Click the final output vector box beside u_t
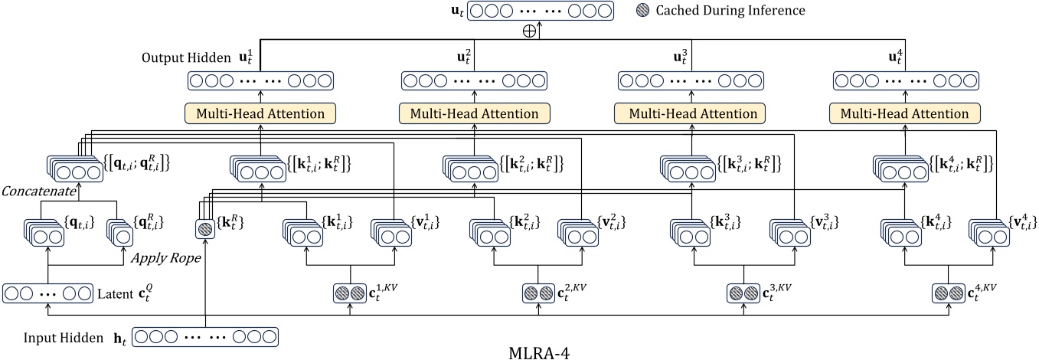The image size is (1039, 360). pyautogui.click(x=541, y=11)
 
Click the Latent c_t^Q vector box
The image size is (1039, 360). pyautogui.click(x=47, y=293)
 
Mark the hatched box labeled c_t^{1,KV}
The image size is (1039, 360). pyautogui.click(x=351, y=293)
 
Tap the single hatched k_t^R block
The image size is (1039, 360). pyautogui.click(x=205, y=229)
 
